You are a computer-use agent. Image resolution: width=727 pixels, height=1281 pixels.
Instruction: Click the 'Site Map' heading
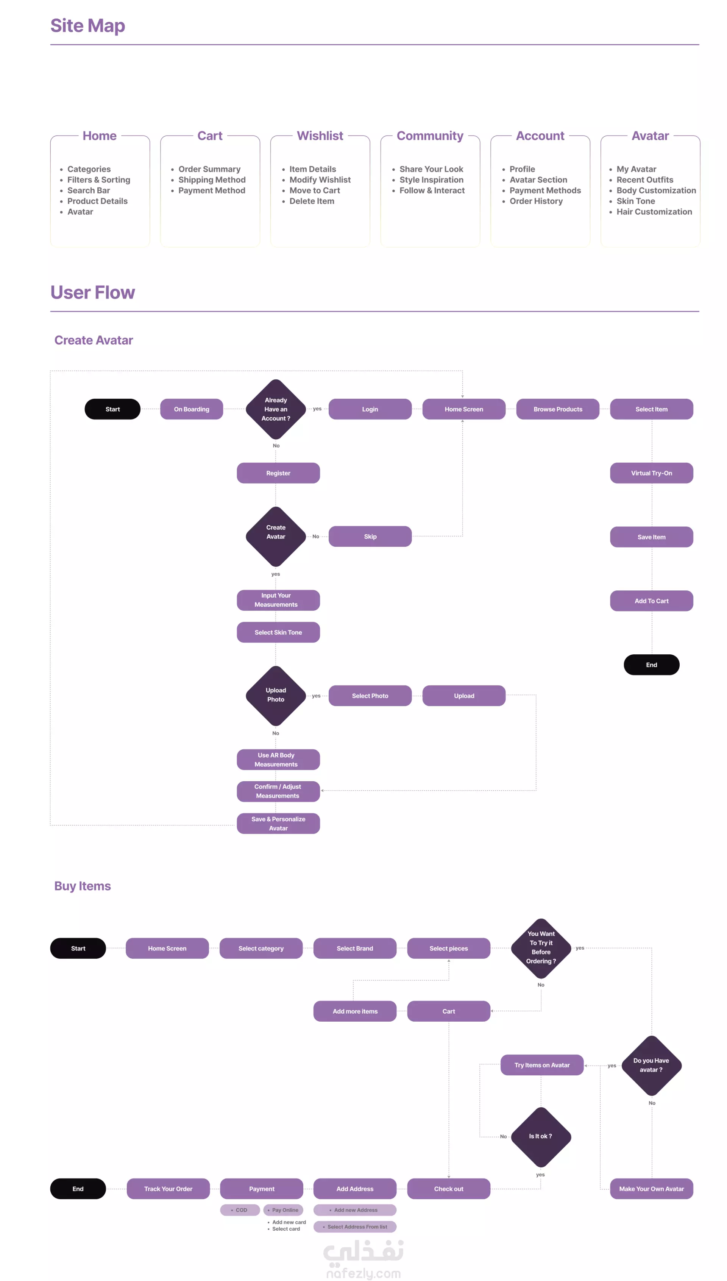pyautogui.click(x=87, y=25)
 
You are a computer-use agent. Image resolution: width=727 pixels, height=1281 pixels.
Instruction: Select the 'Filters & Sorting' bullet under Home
pyautogui.click(x=98, y=180)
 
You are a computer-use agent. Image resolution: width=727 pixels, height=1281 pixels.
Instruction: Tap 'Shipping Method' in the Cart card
pyautogui.click(x=212, y=180)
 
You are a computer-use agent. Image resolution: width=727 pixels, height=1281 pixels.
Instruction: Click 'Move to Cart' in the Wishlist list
pyautogui.click(x=315, y=190)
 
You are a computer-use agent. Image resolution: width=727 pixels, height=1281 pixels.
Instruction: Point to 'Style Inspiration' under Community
pyautogui.click(x=431, y=180)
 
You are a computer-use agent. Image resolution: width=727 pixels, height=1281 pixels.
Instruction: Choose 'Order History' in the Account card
pyautogui.click(x=536, y=201)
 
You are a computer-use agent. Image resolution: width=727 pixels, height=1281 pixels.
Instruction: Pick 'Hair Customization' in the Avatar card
pyautogui.click(x=654, y=212)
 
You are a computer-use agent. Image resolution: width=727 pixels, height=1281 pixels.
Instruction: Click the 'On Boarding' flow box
pyautogui.click(x=192, y=409)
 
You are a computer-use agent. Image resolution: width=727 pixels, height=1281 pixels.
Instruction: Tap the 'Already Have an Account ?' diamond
pyautogui.click(x=276, y=409)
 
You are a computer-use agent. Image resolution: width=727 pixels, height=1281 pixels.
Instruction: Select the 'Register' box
pyautogui.click(x=278, y=473)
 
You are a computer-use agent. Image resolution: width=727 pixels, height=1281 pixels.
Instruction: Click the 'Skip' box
pyautogui.click(x=370, y=536)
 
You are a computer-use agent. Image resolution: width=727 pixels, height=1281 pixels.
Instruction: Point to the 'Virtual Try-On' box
pyautogui.click(x=651, y=473)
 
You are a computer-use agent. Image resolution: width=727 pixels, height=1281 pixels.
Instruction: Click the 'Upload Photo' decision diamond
pyautogui.click(x=276, y=695)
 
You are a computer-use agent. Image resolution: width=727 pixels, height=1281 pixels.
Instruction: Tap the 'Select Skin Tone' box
pyautogui.click(x=278, y=632)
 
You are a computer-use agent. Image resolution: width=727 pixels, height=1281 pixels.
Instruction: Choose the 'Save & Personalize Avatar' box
pyautogui.click(x=278, y=823)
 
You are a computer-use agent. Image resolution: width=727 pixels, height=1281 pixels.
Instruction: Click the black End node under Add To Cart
pyautogui.click(x=651, y=665)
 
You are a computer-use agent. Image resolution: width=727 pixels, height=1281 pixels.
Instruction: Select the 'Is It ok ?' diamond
pyautogui.click(x=541, y=1136)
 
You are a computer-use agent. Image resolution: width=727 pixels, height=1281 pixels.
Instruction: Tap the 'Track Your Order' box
pyautogui.click(x=168, y=1189)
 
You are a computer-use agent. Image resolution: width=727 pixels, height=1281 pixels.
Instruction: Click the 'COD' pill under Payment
pyautogui.click(x=240, y=1210)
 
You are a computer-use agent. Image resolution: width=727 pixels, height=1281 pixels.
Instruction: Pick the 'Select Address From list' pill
pyautogui.click(x=355, y=1226)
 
